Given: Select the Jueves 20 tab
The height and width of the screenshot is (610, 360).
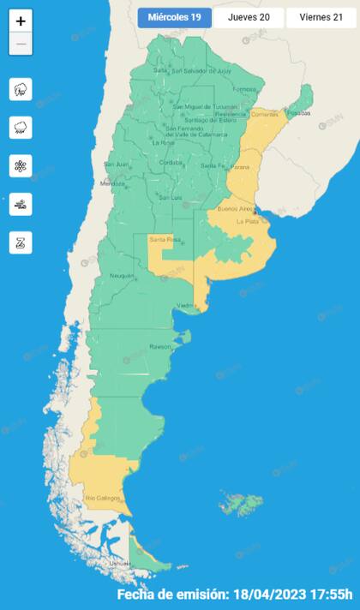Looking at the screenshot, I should click(249, 17).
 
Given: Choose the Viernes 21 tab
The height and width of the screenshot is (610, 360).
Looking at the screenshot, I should click(321, 17).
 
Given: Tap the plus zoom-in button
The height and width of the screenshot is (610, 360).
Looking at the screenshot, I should click(21, 21).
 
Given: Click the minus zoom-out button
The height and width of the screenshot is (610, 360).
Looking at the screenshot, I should click(21, 44).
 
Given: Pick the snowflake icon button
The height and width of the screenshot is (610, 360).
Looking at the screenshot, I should click(21, 165).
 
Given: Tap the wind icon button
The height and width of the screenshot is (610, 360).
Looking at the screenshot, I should click(21, 204).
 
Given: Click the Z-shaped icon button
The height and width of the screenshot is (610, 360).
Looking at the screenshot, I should click(21, 242).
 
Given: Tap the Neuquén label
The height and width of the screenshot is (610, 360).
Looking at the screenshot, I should click(121, 275).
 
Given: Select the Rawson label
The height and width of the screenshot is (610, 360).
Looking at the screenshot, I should click(161, 347).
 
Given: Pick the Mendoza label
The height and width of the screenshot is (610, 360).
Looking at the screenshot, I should click(112, 183).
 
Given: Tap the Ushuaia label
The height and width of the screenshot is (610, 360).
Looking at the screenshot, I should click(121, 563).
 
